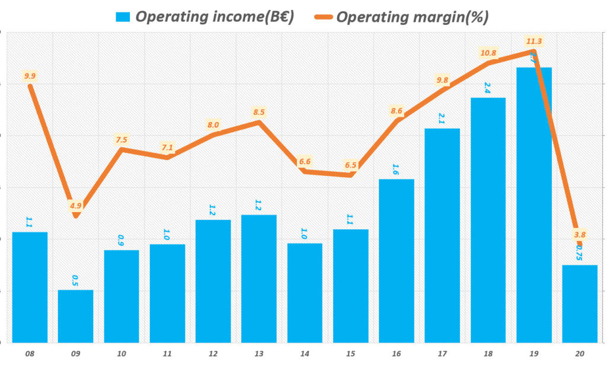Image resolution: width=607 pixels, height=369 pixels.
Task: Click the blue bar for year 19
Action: coord(534,204)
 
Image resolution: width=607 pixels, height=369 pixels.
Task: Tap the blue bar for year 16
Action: coord(397,261)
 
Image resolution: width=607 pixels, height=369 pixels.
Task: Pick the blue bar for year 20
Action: coord(580,303)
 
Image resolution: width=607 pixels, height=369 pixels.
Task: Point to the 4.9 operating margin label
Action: coord(75,206)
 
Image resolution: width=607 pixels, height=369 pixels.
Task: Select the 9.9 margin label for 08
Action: coord(30,76)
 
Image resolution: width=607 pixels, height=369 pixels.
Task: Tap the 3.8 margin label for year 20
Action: coord(580,235)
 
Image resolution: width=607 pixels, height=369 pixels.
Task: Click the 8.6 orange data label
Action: coord(397,110)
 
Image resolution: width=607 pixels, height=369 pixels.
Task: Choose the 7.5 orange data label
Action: coord(121,140)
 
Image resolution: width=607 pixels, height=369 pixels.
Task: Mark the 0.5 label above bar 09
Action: coord(75,280)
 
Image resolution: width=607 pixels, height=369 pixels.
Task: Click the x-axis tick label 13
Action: coord(258,354)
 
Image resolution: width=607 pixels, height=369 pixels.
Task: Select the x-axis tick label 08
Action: coord(30,354)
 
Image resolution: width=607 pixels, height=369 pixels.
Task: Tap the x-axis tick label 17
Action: coord(442,354)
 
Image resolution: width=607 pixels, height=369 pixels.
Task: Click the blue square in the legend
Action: coord(123,17)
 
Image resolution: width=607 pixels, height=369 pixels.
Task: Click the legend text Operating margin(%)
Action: coord(413,17)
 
